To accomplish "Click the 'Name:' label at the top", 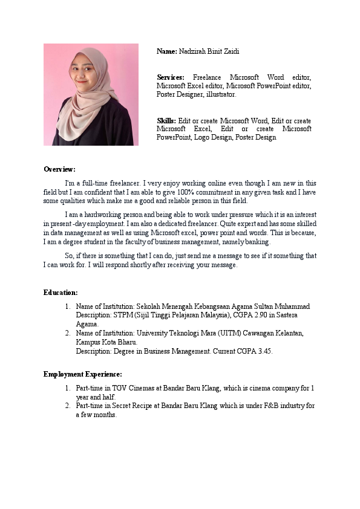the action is tap(167, 51).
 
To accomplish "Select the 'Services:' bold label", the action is tap(170, 77).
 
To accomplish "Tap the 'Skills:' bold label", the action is tap(166, 121).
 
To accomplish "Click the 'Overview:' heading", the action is tap(59, 169).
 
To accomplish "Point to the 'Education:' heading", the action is tap(61, 293).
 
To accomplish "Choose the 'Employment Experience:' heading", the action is tap(82, 374).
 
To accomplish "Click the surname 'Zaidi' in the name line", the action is tap(231, 51).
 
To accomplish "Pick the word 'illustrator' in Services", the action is tap(220, 94).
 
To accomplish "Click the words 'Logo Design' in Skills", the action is tap(214, 137).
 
